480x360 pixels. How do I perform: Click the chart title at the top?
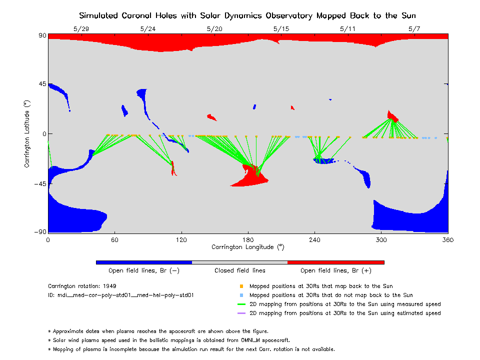(247, 15)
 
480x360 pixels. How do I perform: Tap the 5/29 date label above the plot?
(81, 29)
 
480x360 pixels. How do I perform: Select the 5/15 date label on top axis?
(281, 29)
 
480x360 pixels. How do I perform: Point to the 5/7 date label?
(414, 29)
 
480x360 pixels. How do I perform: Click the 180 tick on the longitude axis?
(248, 240)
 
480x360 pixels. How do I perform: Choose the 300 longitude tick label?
(381, 240)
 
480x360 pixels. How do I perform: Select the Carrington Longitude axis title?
(247, 247)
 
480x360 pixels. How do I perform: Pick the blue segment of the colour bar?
(144, 262)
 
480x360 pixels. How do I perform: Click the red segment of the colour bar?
(335, 262)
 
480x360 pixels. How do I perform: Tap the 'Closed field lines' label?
(240, 270)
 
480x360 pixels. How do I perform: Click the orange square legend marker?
(241, 286)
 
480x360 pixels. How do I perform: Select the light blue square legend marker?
(241, 295)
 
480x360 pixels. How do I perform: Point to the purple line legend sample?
(241, 313)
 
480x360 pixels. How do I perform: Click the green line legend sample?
(241, 304)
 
